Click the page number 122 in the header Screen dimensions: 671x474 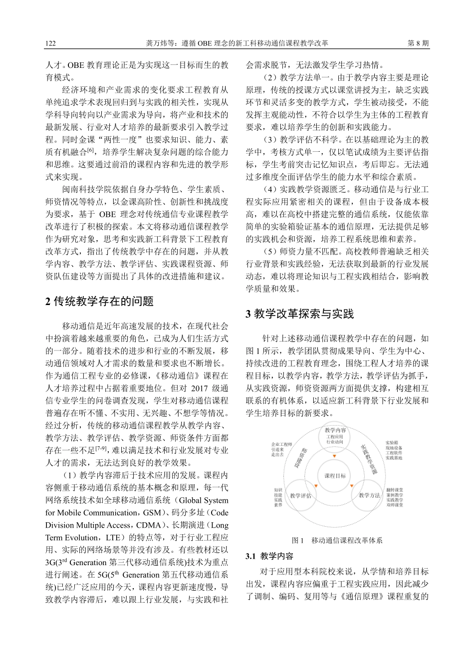(50, 43)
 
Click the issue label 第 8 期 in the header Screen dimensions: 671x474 (418, 43)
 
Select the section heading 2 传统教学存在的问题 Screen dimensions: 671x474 (99, 302)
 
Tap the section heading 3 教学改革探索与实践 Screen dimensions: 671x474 (299, 314)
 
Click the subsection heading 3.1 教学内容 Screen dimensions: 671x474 (269, 556)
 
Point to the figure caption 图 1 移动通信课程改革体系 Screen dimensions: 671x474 (337, 540)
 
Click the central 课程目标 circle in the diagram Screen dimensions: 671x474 (335, 476)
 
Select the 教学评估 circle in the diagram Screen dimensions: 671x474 (300, 496)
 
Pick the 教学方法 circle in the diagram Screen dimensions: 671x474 (369, 496)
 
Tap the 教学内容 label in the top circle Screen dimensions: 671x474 (335, 430)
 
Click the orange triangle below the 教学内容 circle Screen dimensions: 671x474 (335, 456)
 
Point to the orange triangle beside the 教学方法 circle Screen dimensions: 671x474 (352, 486)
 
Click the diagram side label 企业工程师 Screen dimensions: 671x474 (281, 444)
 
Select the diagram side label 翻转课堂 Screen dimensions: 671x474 (395, 490)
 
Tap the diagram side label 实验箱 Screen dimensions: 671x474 (392, 443)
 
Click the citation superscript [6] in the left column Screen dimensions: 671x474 (90, 149)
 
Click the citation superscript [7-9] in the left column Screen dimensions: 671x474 (101, 448)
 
